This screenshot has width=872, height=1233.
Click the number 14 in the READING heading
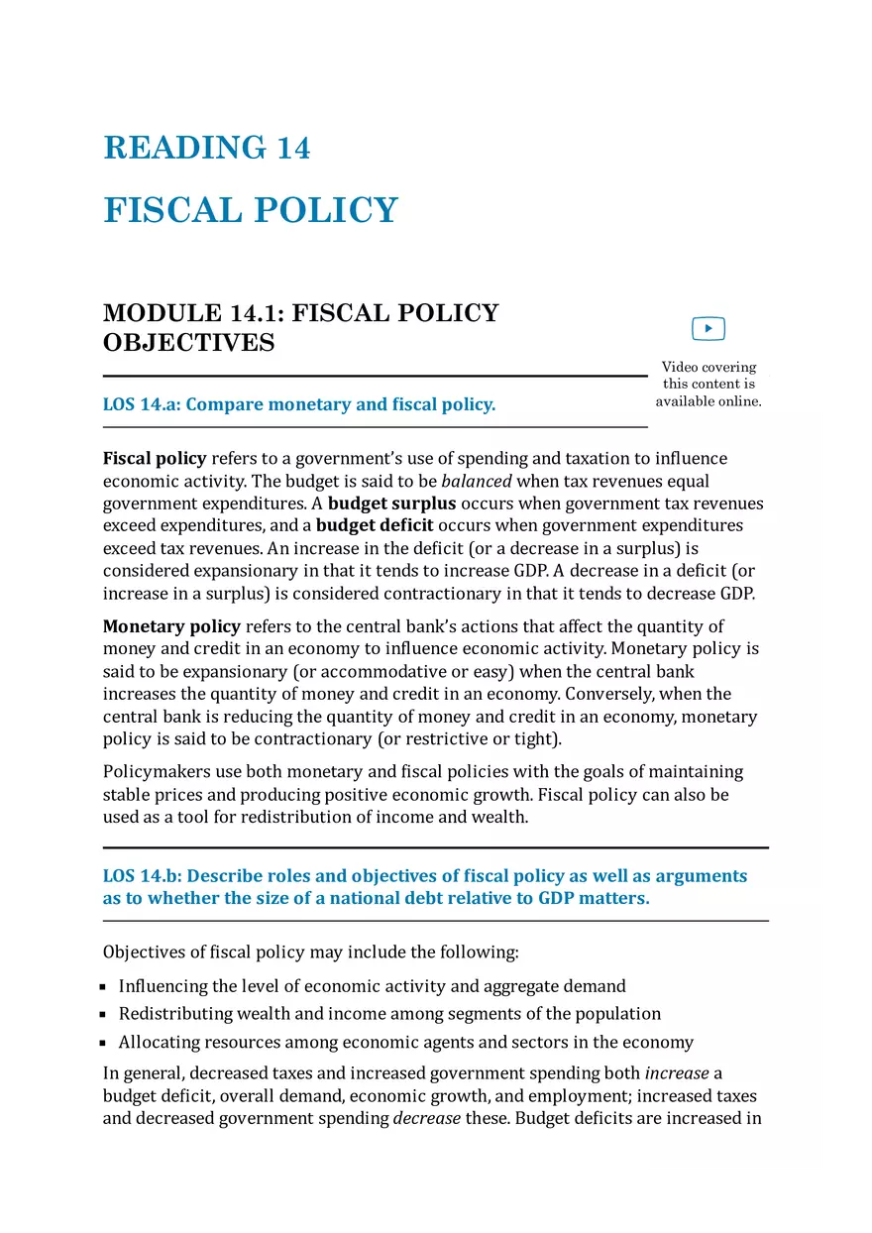[293, 149]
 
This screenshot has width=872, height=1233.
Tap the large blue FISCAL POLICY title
[251, 211]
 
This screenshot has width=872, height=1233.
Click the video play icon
[708, 328]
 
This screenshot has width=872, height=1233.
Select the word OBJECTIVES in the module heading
[189, 343]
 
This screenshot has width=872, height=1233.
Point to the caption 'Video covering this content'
[708, 375]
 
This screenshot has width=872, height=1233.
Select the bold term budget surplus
[391, 504]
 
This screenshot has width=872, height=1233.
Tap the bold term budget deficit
[375, 525]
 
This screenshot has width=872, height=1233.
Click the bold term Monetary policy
[171, 626]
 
